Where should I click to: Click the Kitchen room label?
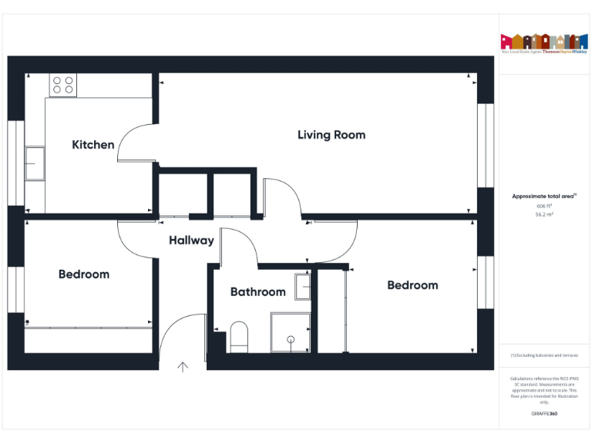pyautogui.click(x=93, y=145)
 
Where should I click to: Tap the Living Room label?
pyautogui.click(x=331, y=135)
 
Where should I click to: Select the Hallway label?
pyautogui.click(x=191, y=240)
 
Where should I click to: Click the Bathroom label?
pyautogui.click(x=257, y=292)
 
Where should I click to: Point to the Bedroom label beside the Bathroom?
pyautogui.click(x=412, y=285)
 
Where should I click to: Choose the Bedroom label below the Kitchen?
pyautogui.click(x=84, y=274)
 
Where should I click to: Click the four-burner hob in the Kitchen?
pyautogui.click(x=63, y=85)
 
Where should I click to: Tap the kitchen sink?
pyautogui.click(x=35, y=163)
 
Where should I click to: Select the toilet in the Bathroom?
pyautogui.click(x=239, y=338)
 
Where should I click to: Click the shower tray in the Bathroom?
pyautogui.click(x=291, y=331)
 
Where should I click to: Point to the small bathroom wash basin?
pyautogui.click(x=303, y=286)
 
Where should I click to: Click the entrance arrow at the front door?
pyautogui.click(x=183, y=366)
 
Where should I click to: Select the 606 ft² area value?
pyautogui.click(x=544, y=207)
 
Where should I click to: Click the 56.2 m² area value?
pyautogui.click(x=544, y=215)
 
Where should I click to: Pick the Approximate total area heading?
pyautogui.click(x=544, y=197)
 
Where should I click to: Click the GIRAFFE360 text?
pyautogui.click(x=544, y=414)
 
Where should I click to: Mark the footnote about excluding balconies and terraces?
pyautogui.click(x=544, y=355)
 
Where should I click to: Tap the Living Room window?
pyautogui.click(x=485, y=145)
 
